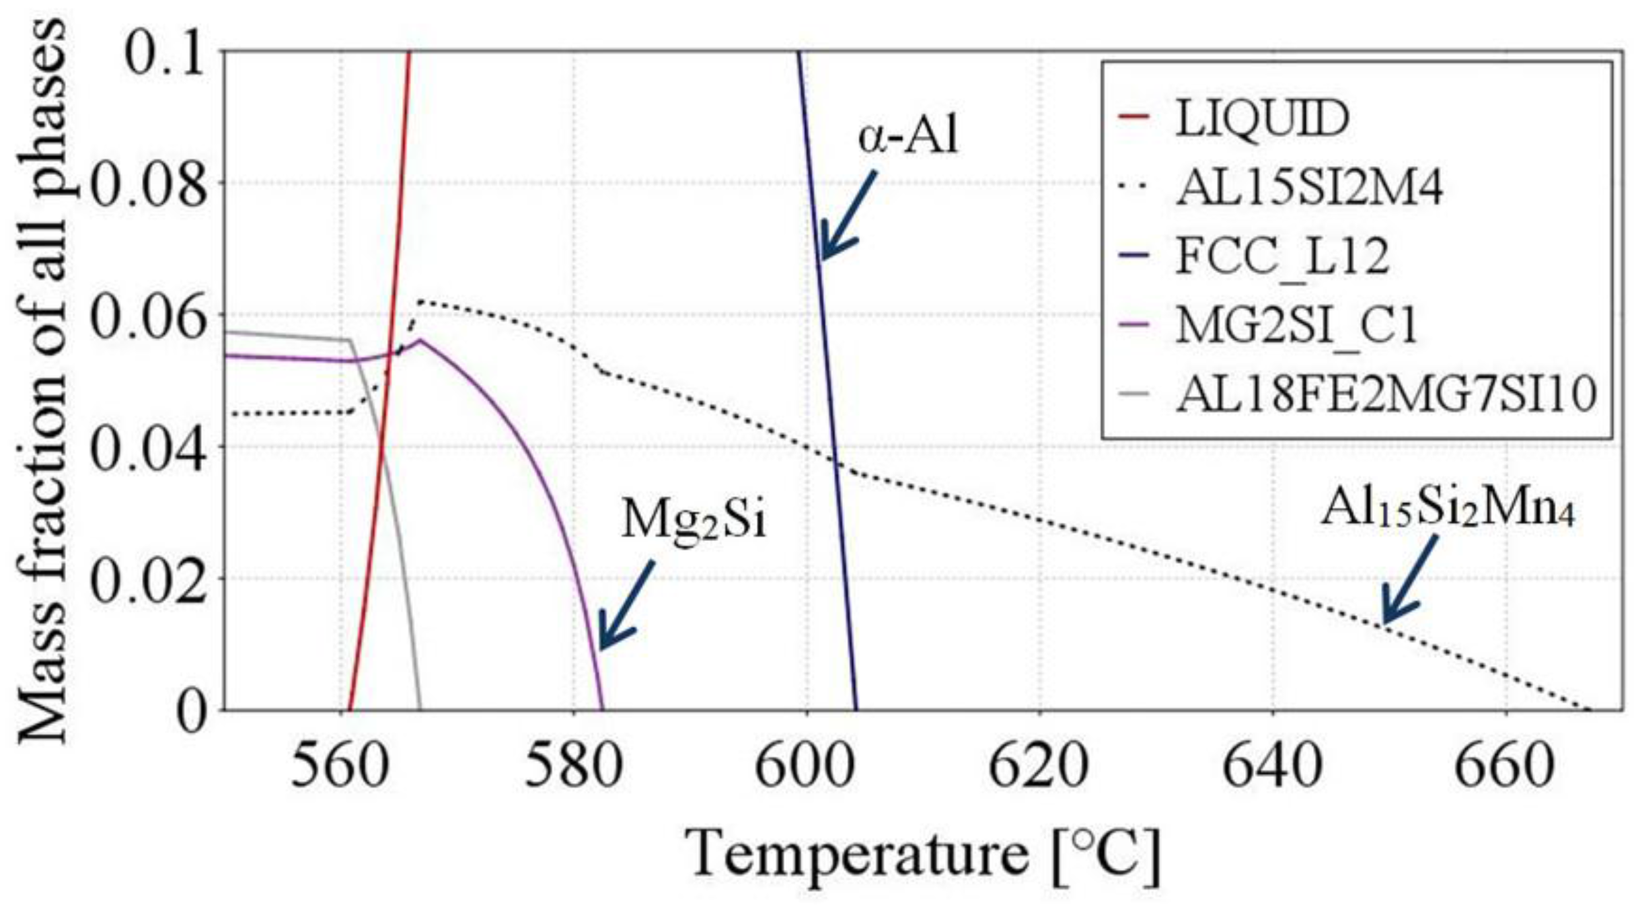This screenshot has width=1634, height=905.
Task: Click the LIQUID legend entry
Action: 1261,120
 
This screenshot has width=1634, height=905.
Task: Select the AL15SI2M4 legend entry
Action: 1308,188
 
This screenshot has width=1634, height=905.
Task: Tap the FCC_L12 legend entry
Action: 1282,256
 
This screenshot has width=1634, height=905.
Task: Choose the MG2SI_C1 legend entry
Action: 1296,326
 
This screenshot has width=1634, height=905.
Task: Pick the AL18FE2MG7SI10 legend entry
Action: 1386,395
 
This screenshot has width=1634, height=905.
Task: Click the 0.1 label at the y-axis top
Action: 165,54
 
